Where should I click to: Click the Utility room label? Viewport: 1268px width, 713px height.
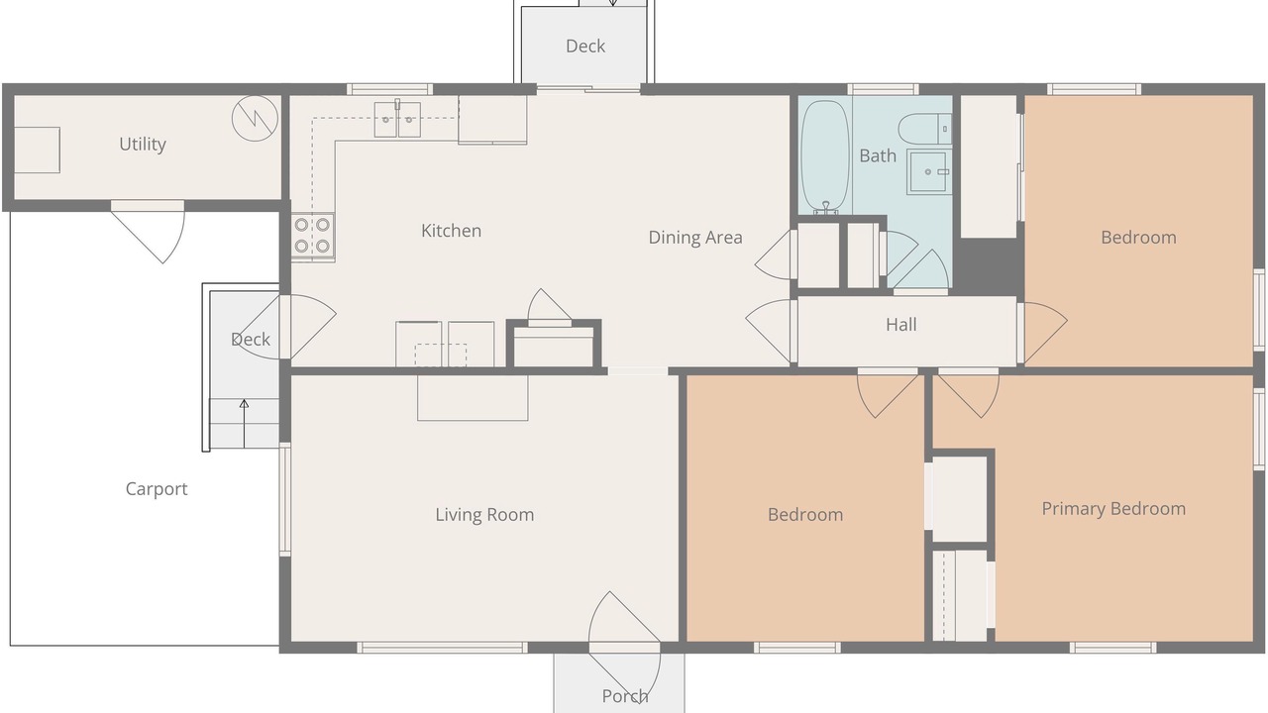(143, 145)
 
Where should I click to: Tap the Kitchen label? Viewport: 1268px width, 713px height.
(451, 231)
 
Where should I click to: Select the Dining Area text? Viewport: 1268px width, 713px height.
(695, 238)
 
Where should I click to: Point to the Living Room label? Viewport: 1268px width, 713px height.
(484, 515)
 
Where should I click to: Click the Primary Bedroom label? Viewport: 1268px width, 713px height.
(1113, 509)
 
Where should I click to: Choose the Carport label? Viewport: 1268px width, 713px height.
(157, 489)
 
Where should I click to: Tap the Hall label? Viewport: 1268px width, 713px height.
(901, 325)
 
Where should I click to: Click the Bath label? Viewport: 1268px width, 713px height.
(878, 155)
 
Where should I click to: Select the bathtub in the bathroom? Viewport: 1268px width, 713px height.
(825, 156)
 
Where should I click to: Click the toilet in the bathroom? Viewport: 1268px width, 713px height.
(925, 129)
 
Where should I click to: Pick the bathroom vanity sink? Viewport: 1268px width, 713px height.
(929, 172)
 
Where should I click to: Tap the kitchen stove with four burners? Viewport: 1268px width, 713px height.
(312, 237)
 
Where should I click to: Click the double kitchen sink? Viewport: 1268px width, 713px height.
(397, 120)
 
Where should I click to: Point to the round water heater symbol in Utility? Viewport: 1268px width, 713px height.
(256, 118)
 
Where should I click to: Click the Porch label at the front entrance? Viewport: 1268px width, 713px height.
(625, 696)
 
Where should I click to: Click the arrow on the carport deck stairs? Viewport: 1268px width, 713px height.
(244, 424)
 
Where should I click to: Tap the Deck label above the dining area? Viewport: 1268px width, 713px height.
(585, 47)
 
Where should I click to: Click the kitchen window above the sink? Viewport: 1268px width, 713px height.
(389, 89)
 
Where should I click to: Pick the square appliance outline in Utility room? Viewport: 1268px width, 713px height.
(37, 150)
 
